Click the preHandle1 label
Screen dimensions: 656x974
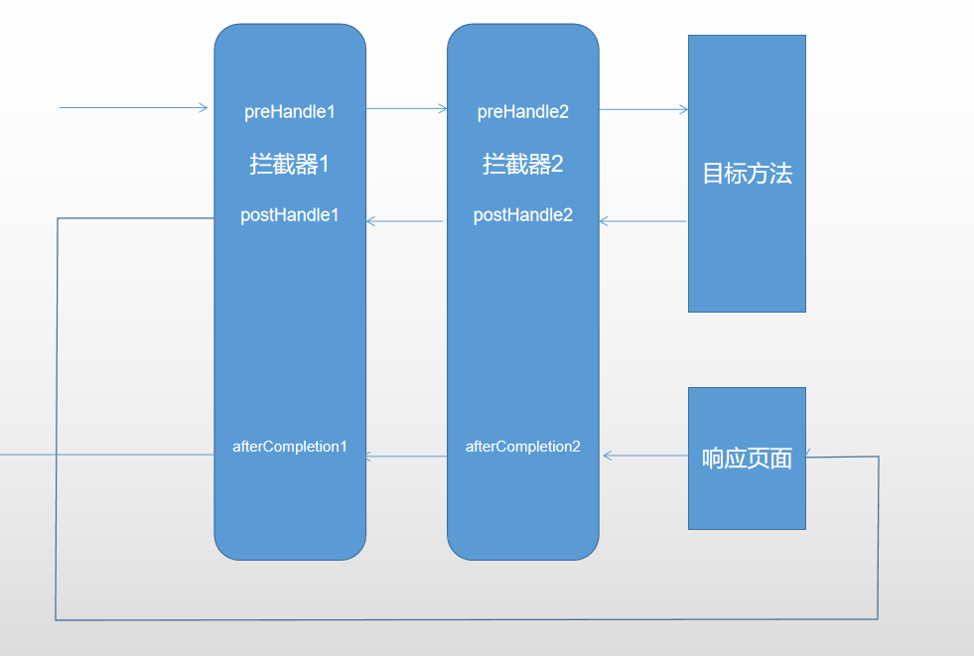click(x=290, y=111)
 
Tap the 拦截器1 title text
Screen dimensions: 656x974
click(x=290, y=164)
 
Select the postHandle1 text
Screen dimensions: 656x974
click(x=290, y=214)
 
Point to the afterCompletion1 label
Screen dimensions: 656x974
click(x=290, y=447)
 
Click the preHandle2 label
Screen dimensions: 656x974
click(x=523, y=111)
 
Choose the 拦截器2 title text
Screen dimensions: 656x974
click(x=523, y=164)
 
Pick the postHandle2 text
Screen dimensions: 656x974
click(x=523, y=214)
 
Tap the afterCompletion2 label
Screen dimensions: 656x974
click(x=523, y=447)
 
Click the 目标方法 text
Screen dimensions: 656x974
click(x=747, y=174)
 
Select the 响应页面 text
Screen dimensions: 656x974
click(x=747, y=459)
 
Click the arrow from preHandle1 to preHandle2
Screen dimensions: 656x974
click(x=407, y=109)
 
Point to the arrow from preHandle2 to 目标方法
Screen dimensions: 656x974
click(x=643, y=110)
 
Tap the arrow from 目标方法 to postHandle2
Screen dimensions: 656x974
click(x=643, y=221)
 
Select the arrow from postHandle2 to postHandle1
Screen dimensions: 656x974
click(x=405, y=221)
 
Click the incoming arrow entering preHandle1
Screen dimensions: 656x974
click(x=134, y=107)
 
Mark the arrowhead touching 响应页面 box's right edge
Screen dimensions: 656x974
click(x=809, y=456)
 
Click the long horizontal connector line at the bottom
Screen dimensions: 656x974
click(x=467, y=619)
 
